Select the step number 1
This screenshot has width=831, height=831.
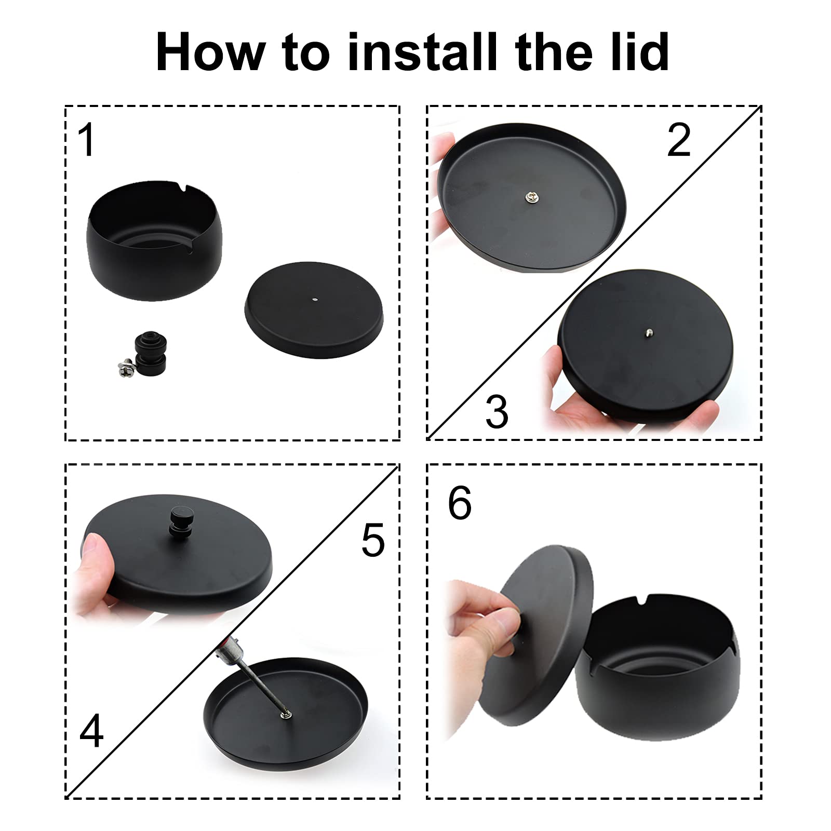[x=87, y=140]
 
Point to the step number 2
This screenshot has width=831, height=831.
[x=679, y=140]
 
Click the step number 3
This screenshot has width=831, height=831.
[x=497, y=411]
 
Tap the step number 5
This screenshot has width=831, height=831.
[x=373, y=540]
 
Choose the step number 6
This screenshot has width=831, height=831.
[x=460, y=503]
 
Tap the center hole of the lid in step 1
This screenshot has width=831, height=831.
[x=315, y=299]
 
